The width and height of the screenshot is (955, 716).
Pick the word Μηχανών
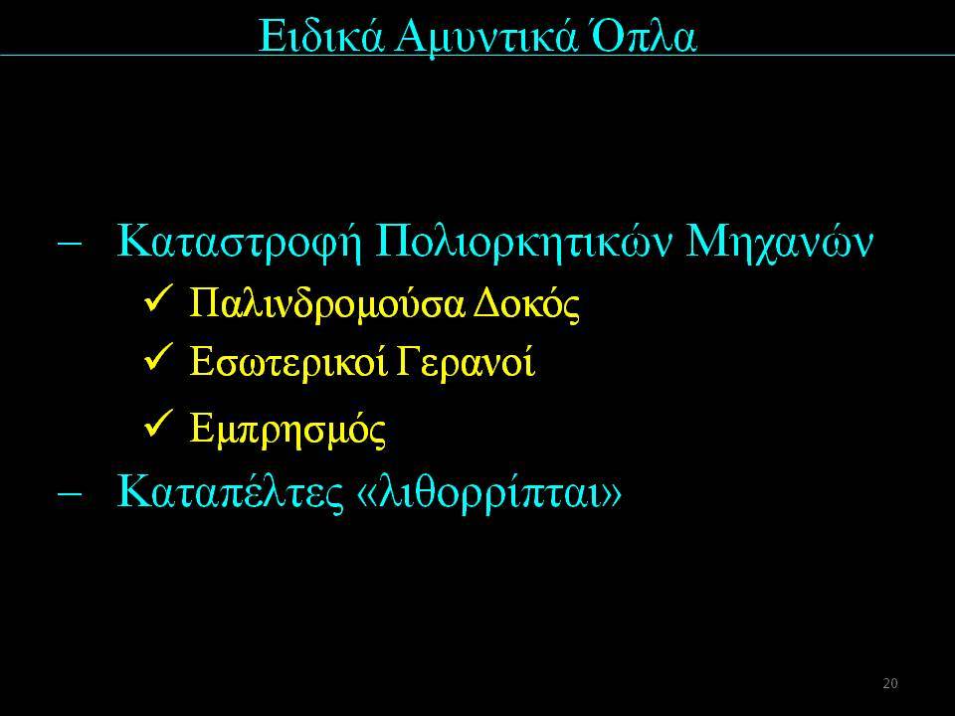click(780, 243)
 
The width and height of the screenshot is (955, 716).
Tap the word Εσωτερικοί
click(288, 361)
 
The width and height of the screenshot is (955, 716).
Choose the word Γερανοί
click(466, 361)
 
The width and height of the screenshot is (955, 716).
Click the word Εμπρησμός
click(287, 430)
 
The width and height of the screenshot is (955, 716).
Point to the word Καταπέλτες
click(230, 492)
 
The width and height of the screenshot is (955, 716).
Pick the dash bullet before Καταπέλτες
click(70, 493)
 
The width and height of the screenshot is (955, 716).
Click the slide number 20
click(890, 683)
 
